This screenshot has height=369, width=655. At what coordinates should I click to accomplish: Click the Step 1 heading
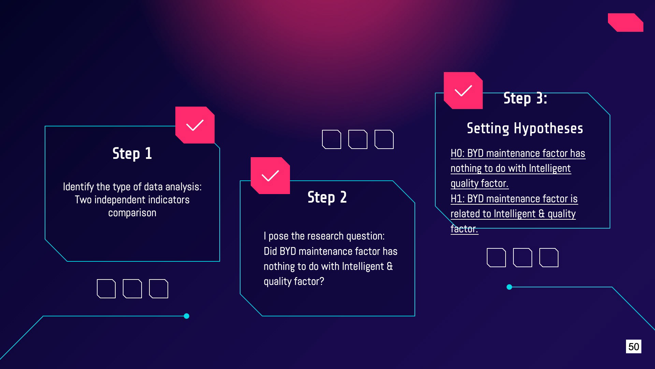[x=132, y=154]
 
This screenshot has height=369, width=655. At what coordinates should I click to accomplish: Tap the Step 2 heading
[x=327, y=197]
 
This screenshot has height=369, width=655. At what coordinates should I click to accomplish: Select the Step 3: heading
[x=525, y=99]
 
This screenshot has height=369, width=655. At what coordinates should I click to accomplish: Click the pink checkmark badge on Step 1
[x=195, y=125]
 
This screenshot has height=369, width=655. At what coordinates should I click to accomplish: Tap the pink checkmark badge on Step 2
[x=270, y=176]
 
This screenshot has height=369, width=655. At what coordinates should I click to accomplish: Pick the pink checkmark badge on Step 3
[x=463, y=91]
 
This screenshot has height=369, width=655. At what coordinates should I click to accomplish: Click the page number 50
[x=634, y=346]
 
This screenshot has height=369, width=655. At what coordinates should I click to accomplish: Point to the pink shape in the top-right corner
[x=626, y=23]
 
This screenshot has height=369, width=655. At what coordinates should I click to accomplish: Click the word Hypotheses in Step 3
[x=548, y=128]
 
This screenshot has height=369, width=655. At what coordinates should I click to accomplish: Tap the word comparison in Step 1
[x=132, y=213]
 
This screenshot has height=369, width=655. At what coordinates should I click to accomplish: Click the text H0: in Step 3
[x=457, y=153]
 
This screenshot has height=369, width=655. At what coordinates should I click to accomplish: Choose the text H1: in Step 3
[x=457, y=199]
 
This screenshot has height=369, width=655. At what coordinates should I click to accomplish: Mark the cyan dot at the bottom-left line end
[x=187, y=316]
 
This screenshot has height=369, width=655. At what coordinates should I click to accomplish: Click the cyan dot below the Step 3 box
[x=509, y=287]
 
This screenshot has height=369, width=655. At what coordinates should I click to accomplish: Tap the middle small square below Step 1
[x=132, y=289]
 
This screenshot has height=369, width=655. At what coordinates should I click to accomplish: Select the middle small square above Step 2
[x=358, y=139]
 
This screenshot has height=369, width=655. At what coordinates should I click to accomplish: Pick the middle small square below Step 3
[x=523, y=258]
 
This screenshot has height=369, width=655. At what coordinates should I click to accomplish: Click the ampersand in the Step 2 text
[x=390, y=266]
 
